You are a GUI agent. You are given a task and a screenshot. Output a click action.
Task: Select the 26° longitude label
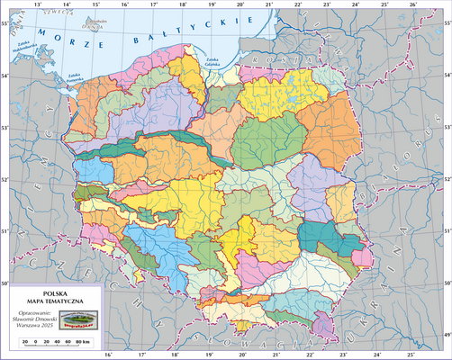412,4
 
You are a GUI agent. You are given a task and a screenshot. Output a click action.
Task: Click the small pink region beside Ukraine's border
363,258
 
